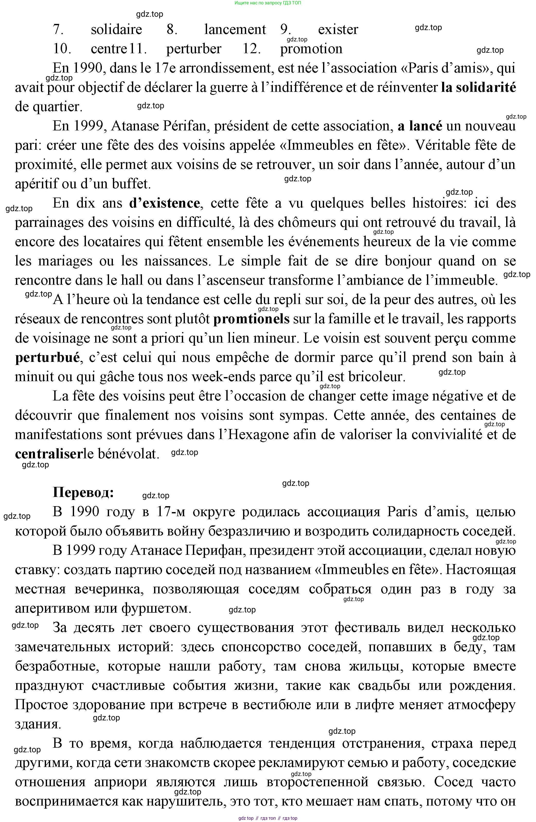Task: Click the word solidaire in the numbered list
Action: (117, 30)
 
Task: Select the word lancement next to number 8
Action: (235, 30)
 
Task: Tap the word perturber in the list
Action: (194, 49)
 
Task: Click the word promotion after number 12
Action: (311, 49)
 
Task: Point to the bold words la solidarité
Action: (478, 88)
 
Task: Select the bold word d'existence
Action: (164, 203)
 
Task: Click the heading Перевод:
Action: (83, 493)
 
